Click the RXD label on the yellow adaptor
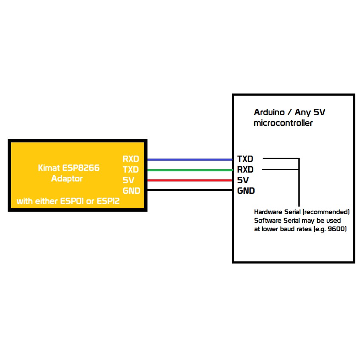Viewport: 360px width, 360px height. pyautogui.click(x=131, y=159)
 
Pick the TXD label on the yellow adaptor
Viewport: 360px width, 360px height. pyautogui.click(x=131, y=170)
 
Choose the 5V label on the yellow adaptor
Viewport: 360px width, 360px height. pyautogui.click(x=129, y=180)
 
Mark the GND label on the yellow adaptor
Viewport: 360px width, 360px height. pyautogui.click(x=131, y=190)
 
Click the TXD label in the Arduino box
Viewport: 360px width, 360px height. pyautogui.click(x=245, y=159)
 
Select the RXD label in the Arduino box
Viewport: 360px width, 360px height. pyautogui.click(x=245, y=170)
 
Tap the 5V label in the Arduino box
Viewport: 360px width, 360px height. pyautogui.click(x=243, y=180)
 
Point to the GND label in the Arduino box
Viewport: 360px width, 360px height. pyautogui.click(x=246, y=190)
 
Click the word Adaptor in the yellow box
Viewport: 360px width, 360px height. pyautogui.click(x=67, y=179)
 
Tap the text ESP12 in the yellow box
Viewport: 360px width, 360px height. pyautogui.click(x=108, y=201)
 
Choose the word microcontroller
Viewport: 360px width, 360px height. pyautogui.click(x=283, y=123)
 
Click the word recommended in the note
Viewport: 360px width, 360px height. pyautogui.click(x=326, y=212)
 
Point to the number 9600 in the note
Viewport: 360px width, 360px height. pyautogui.click(x=336, y=229)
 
